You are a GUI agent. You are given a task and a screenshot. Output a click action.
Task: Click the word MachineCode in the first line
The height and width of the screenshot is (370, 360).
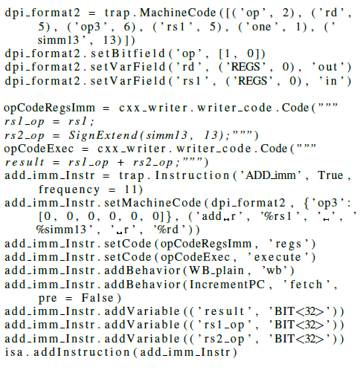(178, 13)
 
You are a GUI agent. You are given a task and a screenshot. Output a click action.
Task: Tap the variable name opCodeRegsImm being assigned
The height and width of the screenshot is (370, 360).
(49, 108)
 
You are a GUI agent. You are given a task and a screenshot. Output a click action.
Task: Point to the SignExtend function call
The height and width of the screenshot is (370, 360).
(103, 135)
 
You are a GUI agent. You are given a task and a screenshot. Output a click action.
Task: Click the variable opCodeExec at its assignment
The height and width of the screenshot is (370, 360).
(39, 149)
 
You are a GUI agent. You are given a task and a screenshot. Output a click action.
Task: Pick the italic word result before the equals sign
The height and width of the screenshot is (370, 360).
(25, 162)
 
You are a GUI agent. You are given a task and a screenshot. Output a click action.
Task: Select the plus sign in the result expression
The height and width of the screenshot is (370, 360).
(120, 163)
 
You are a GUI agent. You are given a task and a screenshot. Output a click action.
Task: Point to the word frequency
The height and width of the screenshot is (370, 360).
(69, 189)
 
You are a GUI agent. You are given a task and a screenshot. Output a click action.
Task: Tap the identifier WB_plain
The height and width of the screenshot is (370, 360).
(216, 270)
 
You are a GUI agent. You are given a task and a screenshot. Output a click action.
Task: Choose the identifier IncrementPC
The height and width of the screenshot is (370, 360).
(227, 285)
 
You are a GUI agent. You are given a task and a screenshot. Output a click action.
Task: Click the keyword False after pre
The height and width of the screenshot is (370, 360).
(97, 298)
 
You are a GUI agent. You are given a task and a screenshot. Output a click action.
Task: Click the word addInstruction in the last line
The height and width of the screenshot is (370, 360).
(82, 352)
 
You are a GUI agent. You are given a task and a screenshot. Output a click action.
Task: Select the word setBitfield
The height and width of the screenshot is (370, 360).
(128, 53)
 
